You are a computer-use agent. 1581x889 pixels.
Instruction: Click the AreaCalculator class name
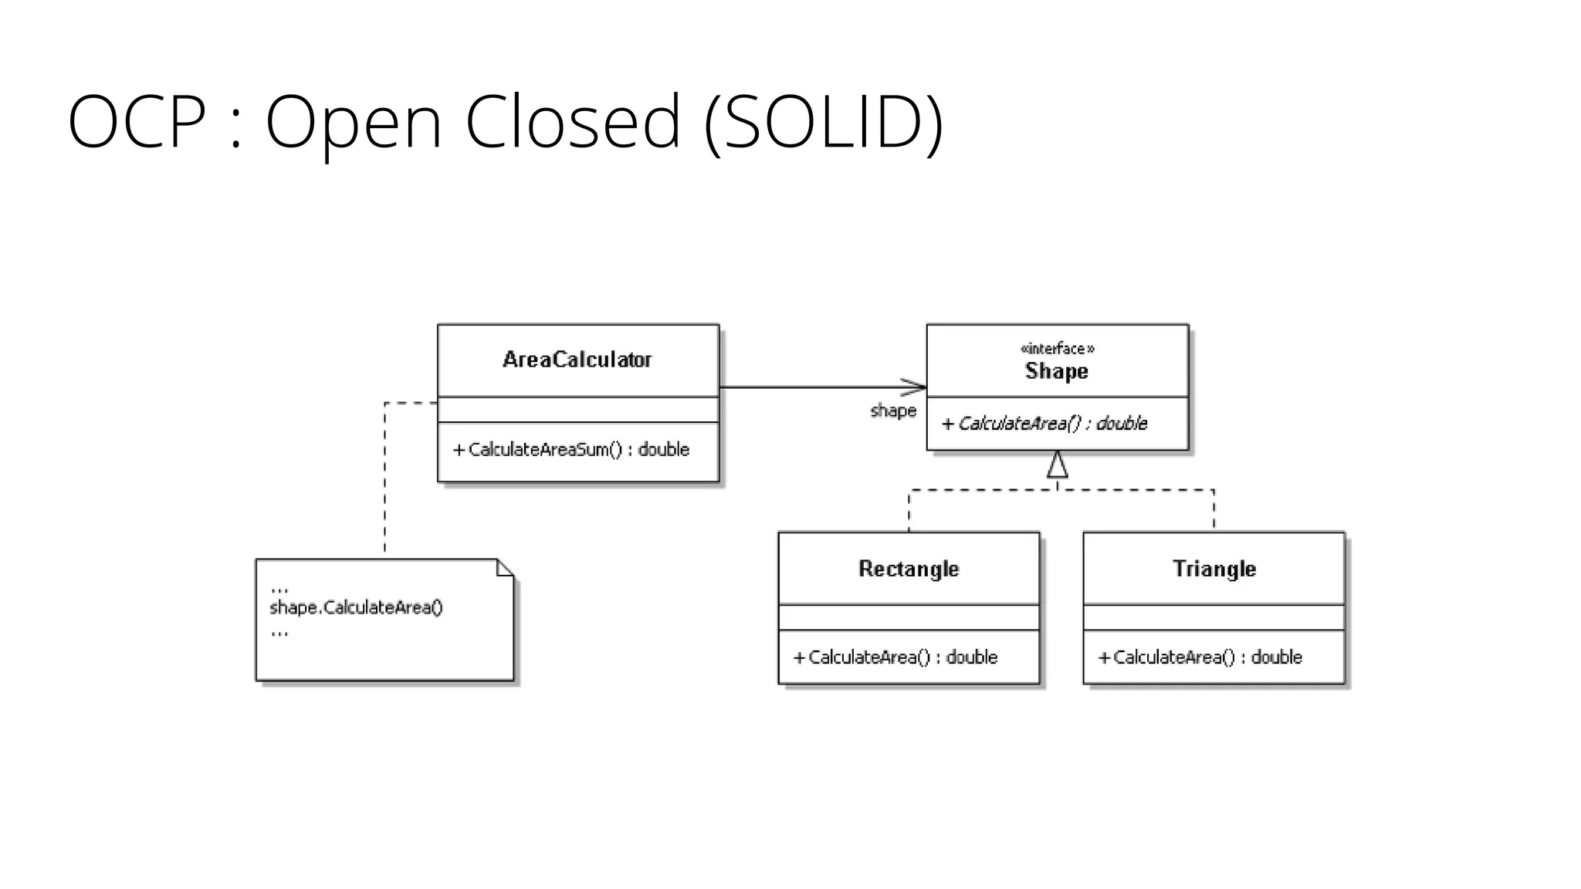577,360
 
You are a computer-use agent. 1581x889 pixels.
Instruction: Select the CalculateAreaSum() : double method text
570,450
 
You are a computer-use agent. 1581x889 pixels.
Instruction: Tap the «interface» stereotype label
1057,349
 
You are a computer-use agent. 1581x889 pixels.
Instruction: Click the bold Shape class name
1056,371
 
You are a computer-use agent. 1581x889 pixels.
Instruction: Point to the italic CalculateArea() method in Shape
1044,424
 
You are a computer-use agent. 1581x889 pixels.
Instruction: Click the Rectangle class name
909,569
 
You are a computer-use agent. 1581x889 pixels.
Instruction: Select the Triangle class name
1214,569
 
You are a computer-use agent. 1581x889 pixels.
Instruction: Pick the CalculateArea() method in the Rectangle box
895,657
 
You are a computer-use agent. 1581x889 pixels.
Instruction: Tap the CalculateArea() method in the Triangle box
1200,657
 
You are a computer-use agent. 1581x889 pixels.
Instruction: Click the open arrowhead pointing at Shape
916,387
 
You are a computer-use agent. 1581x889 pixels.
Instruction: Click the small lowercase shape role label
893,411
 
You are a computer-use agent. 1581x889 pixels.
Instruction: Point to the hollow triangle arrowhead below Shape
1057,465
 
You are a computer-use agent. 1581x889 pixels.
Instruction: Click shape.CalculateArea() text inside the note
356,608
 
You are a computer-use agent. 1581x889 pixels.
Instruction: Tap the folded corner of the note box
505,568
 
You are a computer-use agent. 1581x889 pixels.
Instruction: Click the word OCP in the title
137,121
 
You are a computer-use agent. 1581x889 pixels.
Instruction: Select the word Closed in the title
572,121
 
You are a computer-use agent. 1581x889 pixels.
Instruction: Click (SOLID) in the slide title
824,123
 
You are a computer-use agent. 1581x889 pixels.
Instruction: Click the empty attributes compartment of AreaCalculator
577,410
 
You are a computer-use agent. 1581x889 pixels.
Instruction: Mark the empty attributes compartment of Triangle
1214,617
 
